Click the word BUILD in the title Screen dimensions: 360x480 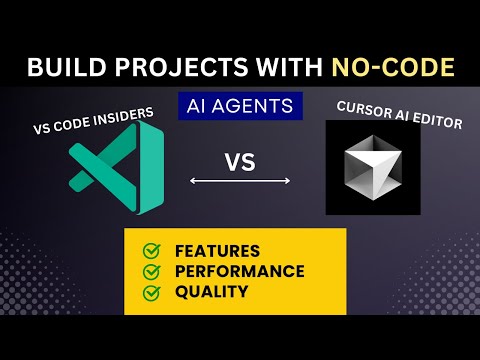tap(62, 67)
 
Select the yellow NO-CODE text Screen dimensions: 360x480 tap(389, 67)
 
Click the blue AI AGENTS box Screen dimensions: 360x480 tap(239, 105)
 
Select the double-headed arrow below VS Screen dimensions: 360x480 tap(241, 181)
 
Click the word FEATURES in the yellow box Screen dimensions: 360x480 tap(217, 251)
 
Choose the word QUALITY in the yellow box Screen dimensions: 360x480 tap(211, 293)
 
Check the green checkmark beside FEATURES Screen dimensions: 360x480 tap(151, 250)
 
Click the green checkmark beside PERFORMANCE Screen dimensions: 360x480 tap(151, 271)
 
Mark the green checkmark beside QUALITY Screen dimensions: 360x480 tap(151, 293)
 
